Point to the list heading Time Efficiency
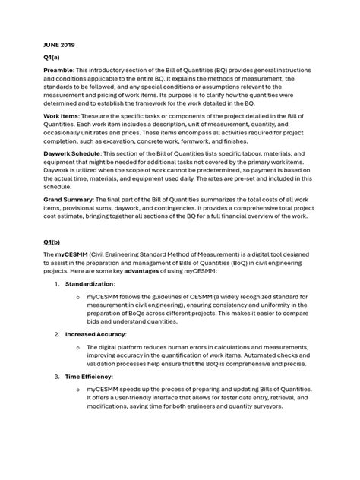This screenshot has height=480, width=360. click(x=89, y=376)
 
